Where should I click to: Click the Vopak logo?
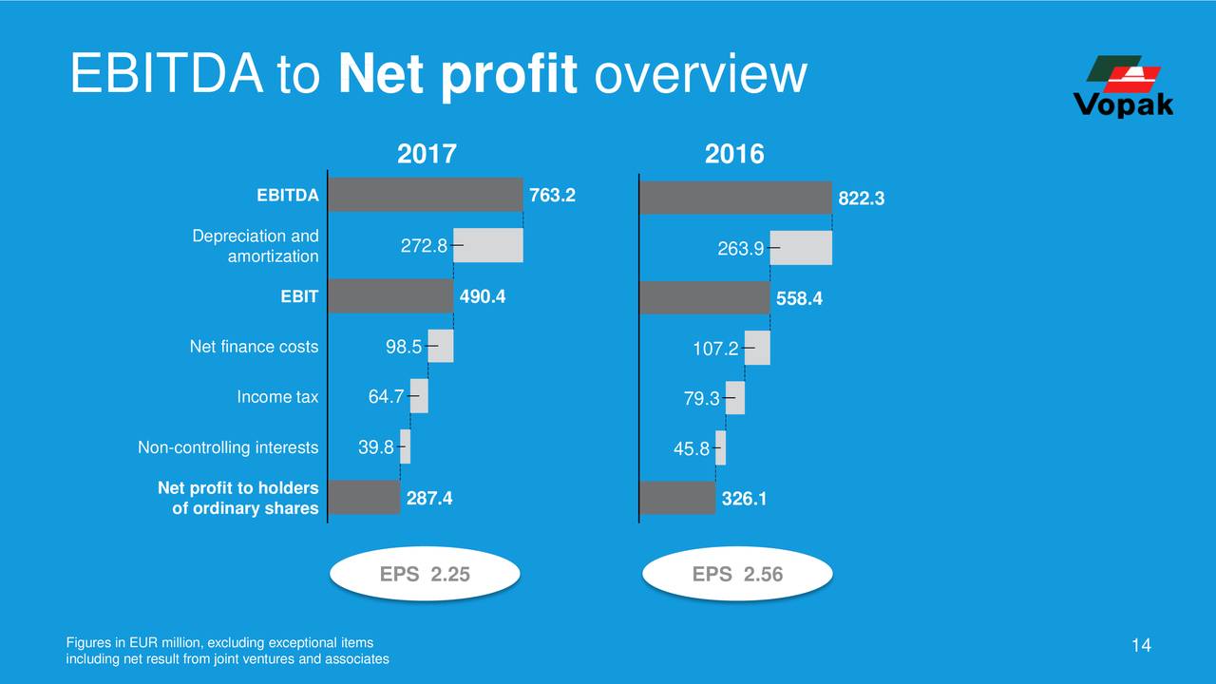tap(1122, 86)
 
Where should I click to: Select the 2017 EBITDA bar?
tap(426, 195)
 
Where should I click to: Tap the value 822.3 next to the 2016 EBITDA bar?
tap(861, 199)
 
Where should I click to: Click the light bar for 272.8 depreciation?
tap(488, 245)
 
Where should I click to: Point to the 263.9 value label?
tap(741, 249)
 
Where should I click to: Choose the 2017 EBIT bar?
tap(390, 296)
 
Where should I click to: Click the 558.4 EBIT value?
tap(800, 299)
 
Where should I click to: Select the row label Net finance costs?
tap(254, 348)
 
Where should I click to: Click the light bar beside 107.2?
tap(757, 348)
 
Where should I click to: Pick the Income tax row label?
tap(277, 397)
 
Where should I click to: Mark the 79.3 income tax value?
tap(701, 400)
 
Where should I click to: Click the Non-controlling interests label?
tap(228, 447)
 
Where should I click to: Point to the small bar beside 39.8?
tap(405, 447)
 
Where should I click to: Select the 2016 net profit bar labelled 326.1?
tap(677, 498)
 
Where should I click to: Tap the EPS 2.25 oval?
tap(425, 574)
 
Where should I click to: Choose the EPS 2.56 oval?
tap(737, 574)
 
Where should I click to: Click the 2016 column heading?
tap(734, 154)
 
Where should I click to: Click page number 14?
tap(1141, 646)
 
